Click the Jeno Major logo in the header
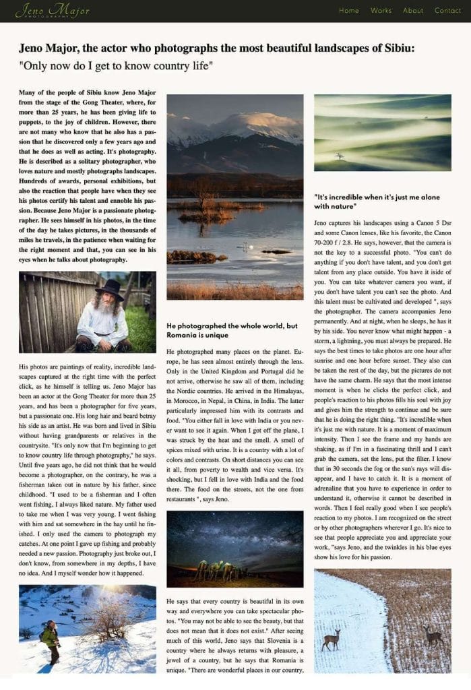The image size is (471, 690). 42,11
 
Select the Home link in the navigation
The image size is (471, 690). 349,11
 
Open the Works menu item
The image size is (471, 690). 381,11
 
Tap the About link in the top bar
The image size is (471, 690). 413,11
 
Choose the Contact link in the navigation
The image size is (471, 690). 447,11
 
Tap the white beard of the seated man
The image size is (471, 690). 106,312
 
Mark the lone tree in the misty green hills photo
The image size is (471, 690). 340,156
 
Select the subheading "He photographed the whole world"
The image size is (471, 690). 232,325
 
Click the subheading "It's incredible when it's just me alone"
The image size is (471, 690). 377,197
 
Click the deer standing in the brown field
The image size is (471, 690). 432,634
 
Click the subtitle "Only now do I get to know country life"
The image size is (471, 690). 116,66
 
